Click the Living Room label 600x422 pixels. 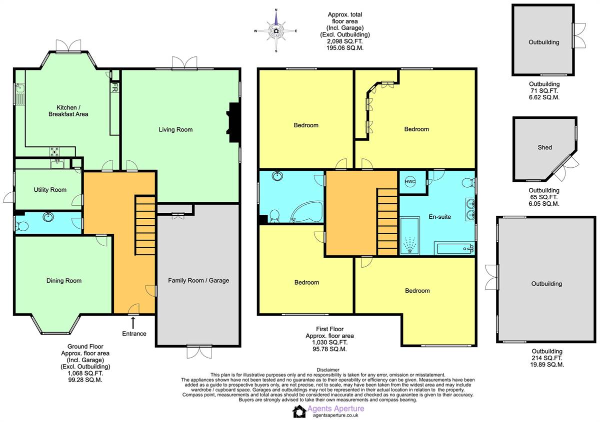tap(175, 130)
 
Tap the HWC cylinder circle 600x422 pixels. tap(410, 182)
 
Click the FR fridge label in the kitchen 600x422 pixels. tap(114, 87)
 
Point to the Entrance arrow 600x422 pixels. tap(133, 323)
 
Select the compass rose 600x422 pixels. tap(276, 31)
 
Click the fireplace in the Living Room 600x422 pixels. tap(232, 122)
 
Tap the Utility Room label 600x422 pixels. tap(50, 190)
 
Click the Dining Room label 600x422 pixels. tap(64, 281)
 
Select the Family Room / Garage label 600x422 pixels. tap(198, 281)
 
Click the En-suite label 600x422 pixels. tap(439, 217)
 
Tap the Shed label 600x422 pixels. tap(544, 147)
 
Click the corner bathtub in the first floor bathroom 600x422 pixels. tap(307, 212)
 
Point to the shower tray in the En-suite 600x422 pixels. tap(409, 236)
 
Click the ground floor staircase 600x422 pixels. tap(145, 226)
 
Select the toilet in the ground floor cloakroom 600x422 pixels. tap(22, 227)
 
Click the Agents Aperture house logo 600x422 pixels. tap(299, 412)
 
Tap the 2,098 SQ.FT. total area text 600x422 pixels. tap(344, 41)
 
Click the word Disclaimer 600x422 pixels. tap(328, 370)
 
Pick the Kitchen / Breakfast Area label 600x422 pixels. tap(68, 111)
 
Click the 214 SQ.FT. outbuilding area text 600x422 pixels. tap(546, 358)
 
